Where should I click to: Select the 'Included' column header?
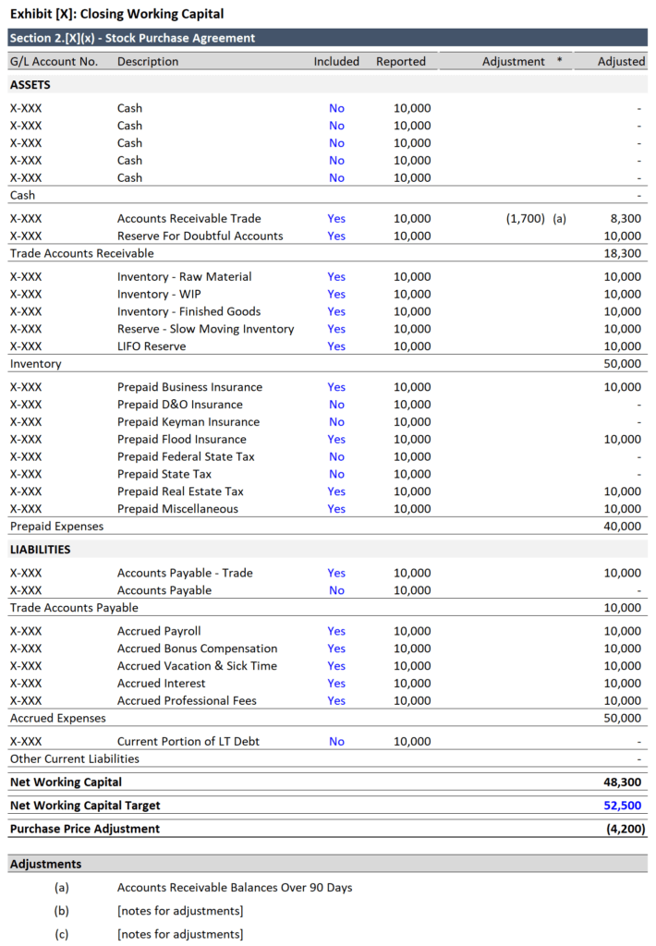[x=336, y=62]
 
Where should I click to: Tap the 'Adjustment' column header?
[x=514, y=62]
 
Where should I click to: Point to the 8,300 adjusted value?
[x=625, y=219]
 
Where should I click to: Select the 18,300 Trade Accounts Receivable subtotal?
[x=622, y=253]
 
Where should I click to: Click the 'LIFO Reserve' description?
[x=152, y=346]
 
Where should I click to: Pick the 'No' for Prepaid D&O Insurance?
[x=336, y=405]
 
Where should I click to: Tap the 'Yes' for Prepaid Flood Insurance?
[x=336, y=440]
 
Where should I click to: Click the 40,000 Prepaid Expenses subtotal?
[x=622, y=527]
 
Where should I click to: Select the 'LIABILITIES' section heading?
[x=40, y=550]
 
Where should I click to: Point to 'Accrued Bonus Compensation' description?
[x=197, y=649]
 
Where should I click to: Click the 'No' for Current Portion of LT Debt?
[x=336, y=742]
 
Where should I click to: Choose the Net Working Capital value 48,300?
[x=622, y=782]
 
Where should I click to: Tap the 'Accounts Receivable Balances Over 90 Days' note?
[x=235, y=888]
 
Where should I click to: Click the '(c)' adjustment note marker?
[x=62, y=934]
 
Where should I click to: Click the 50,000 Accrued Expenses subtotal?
[x=622, y=719]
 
